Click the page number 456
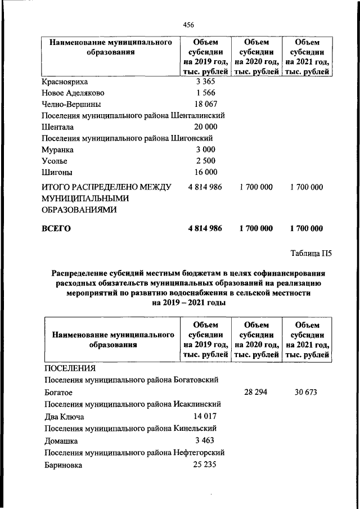click(189, 24)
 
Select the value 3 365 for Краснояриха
click(203, 82)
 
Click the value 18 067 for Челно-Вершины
click(203, 104)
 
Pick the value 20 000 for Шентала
click(203, 127)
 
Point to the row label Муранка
click(58, 150)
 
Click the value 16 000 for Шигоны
click(203, 172)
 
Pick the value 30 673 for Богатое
click(306, 392)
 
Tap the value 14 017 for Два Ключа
click(203, 417)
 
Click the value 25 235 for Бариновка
click(203, 465)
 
